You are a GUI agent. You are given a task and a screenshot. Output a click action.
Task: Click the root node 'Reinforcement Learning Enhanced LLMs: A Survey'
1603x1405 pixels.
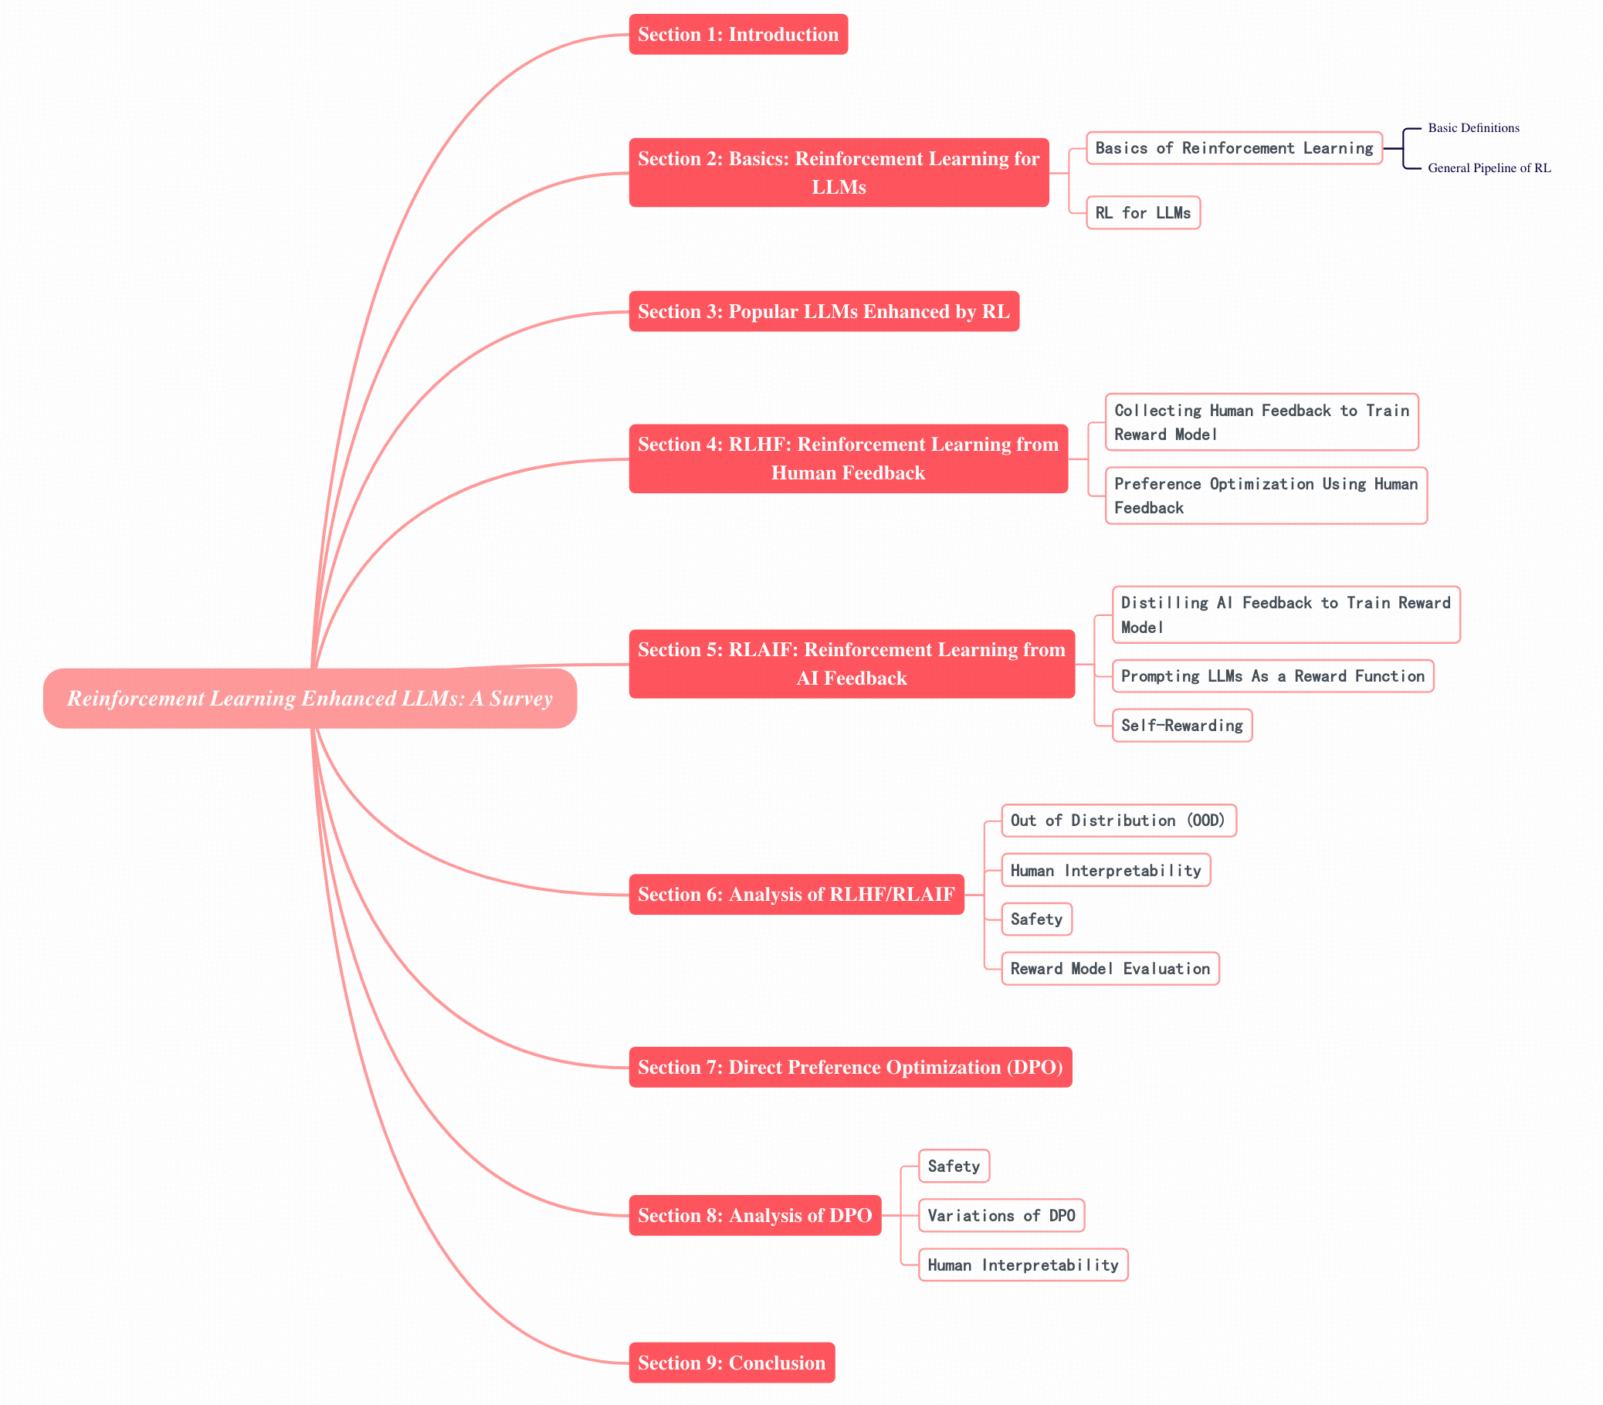[310, 698]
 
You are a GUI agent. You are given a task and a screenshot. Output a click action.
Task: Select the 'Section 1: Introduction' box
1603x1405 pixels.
[738, 35]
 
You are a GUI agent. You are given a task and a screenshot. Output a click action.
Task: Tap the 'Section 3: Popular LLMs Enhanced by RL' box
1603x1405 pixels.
[823, 311]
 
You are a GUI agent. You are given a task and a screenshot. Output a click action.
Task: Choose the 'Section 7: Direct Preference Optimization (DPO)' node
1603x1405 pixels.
[850, 1067]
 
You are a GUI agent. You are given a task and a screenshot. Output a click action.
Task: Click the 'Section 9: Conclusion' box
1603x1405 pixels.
[732, 1363]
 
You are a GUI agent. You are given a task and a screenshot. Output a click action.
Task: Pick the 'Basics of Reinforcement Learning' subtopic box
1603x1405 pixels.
[1234, 148]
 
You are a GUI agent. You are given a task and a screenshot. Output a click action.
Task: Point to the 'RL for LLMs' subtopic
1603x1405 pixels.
[1143, 212]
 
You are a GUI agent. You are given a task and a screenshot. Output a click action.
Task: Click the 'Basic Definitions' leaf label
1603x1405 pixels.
[1473, 128]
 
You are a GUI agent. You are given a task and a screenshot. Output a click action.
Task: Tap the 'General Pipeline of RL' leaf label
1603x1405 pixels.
[1489, 168]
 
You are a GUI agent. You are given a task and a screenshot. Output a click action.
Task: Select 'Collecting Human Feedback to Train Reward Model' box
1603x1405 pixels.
[1261, 421]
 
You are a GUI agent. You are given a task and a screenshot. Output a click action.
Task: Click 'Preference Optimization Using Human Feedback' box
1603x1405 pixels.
[1266, 496]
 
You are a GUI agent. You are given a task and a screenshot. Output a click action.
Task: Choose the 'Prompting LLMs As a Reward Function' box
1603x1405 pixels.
[1272, 675]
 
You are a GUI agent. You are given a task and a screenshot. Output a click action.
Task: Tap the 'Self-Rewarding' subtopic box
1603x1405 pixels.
[1182, 725]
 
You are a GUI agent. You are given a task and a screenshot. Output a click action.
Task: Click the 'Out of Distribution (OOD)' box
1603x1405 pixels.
[1118, 820]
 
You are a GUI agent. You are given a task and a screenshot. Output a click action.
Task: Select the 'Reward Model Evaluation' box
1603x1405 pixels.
[1110, 968]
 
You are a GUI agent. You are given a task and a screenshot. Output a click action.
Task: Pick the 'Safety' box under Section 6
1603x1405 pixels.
[1036, 919]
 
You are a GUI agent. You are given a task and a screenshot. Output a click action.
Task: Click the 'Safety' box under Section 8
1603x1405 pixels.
[954, 1166]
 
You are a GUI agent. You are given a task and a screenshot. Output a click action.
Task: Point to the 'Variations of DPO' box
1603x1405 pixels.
[1001, 1215]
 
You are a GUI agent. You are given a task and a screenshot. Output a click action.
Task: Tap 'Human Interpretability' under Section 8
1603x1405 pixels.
[1022, 1264]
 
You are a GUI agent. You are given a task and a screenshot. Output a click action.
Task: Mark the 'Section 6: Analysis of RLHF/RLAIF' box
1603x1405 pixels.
[796, 895]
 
